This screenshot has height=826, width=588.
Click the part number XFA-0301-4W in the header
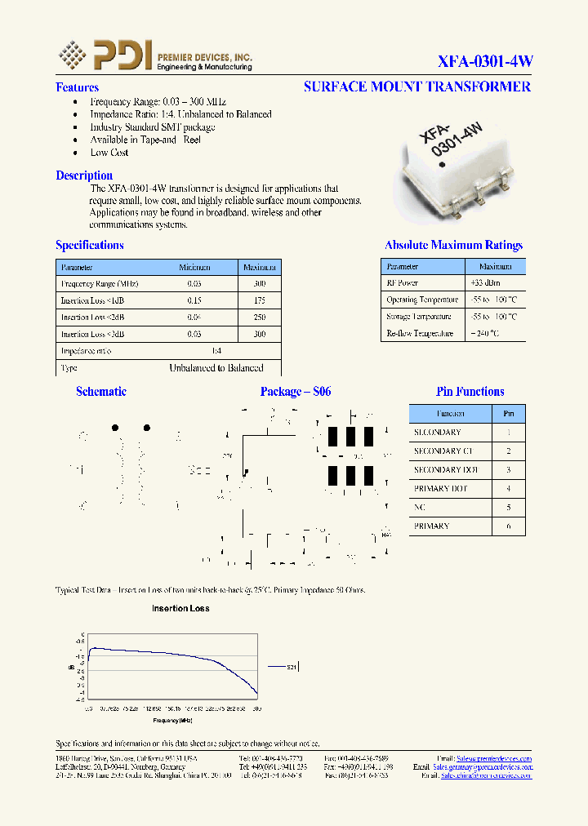485,61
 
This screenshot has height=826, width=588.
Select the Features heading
77,87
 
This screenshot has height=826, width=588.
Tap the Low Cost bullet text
109,153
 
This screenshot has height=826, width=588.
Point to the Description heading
84,175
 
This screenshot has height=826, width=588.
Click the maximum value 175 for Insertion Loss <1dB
259,300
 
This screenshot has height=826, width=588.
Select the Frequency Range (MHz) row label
100,284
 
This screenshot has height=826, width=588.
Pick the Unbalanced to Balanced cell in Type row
216,368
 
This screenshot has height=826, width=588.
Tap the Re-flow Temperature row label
420,333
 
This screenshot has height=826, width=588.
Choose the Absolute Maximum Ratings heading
453,245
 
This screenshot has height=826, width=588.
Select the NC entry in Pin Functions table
420,508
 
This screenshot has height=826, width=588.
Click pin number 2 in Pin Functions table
509,451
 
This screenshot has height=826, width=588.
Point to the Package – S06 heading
296,392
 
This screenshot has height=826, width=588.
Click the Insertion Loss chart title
180,608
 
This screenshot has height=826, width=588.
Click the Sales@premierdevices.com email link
494,758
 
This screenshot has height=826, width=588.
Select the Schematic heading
101,392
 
